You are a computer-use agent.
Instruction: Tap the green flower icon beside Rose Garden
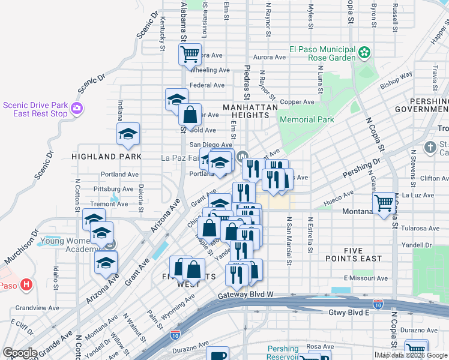[364, 53]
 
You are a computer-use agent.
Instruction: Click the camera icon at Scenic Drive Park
[77, 109]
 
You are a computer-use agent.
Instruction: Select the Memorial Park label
[307, 119]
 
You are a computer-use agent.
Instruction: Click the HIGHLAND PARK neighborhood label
[106, 156]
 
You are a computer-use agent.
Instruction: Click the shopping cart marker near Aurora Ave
[190, 55]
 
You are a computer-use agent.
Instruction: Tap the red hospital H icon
[26, 284]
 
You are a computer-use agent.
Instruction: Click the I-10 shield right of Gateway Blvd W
[378, 305]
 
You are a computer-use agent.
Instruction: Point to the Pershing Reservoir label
[283, 353]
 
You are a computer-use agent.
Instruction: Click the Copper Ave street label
[297, 102]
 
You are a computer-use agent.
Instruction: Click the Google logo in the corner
[20, 353]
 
